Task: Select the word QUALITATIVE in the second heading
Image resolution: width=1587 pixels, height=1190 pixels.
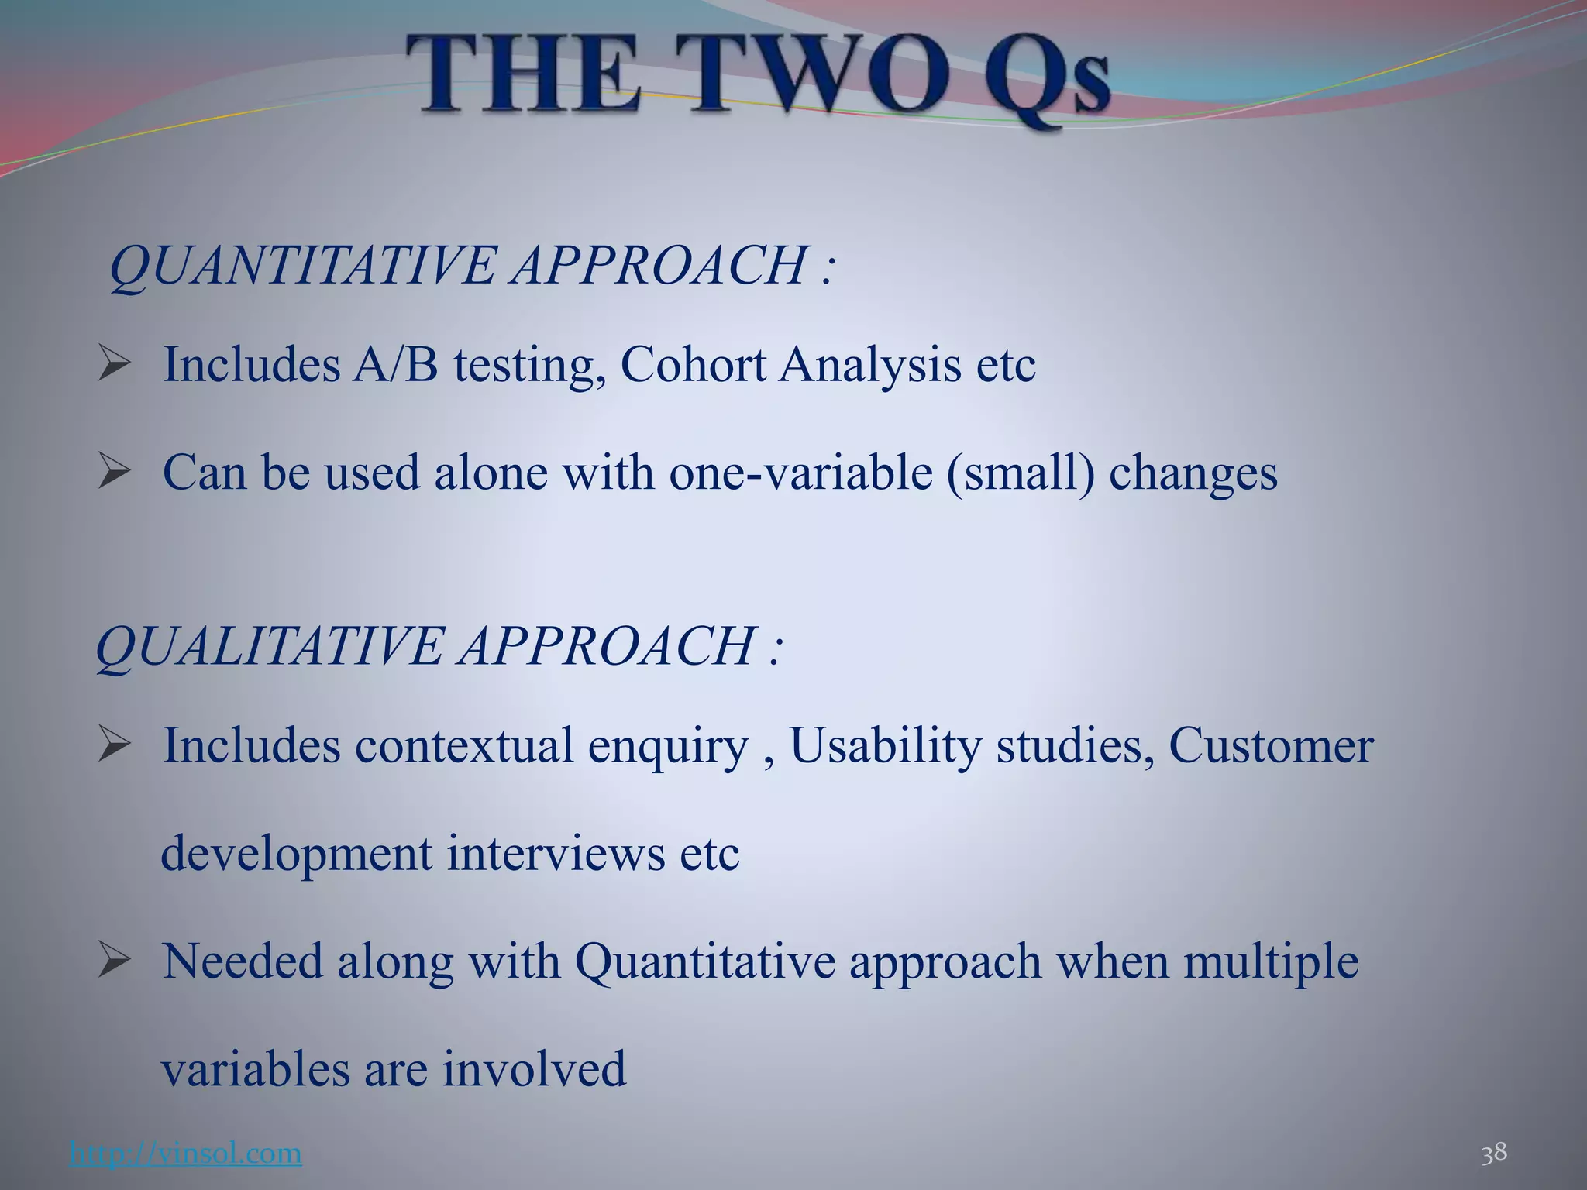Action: tap(268, 646)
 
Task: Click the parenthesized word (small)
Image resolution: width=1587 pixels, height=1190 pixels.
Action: tap(1021, 473)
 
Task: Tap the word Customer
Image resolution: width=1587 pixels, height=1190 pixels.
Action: tap(1271, 746)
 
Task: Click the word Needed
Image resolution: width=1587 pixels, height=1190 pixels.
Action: tap(242, 961)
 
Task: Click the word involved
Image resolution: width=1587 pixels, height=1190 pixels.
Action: tap(535, 1069)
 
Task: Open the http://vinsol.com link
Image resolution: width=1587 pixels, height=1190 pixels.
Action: tap(185, 1154)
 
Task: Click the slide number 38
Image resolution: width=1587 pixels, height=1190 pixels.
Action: tap(1494, 1153)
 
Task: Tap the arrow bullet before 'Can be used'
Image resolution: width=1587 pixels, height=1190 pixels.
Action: tap(114, 472)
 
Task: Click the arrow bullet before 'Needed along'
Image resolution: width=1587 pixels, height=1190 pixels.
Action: tap(114, 961)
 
